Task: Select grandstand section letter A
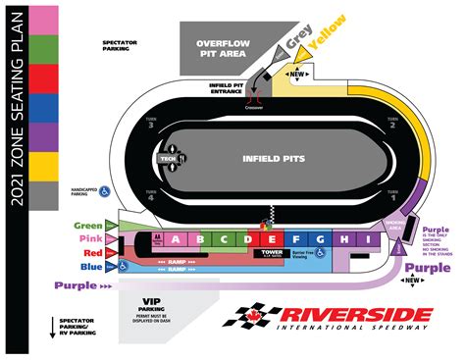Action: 175,238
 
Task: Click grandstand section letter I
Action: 366,238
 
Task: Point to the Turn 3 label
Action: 150,125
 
